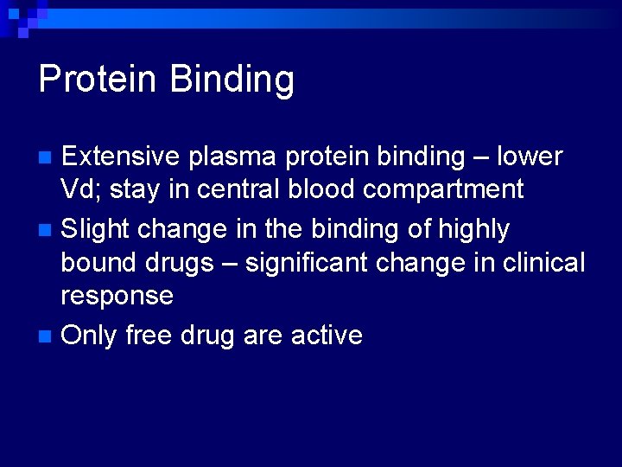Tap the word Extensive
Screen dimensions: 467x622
click(120, 157)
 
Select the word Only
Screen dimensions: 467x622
click(89, 335)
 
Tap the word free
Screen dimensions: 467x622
click(149, 335)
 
